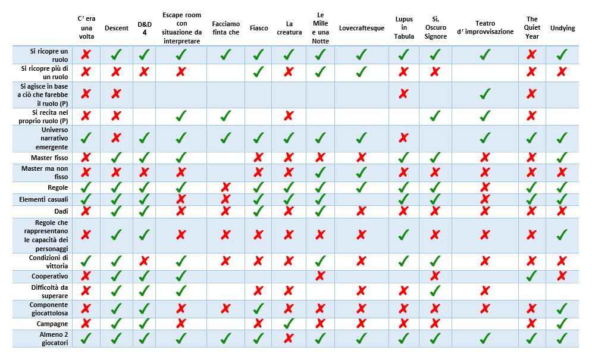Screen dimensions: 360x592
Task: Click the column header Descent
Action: tap(116, 28)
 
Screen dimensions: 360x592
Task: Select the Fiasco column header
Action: tap(258, 28)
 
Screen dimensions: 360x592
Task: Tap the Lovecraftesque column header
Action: tap(361, 28)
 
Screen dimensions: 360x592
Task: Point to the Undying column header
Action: tap(562, 28)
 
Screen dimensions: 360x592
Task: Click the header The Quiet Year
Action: tap(532, 27)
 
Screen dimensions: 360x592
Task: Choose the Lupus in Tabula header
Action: tap(404, 27)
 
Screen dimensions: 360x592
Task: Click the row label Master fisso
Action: tap(49, 158)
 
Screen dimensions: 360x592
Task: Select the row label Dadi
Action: tap(61, 211)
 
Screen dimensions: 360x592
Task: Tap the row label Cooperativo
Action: tap(50, 276)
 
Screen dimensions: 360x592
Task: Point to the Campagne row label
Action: tap(52, 324)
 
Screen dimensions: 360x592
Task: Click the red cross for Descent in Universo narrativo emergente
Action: tap(116, 138)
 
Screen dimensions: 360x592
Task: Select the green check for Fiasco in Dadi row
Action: tap(258, 211)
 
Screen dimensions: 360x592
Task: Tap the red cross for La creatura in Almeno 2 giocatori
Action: tap(289, 339)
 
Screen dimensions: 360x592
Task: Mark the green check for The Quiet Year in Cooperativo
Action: tap(532, 276)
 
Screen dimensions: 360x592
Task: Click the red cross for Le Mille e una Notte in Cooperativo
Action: tap(320, 276)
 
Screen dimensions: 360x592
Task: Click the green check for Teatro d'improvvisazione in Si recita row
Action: tap(485, 116)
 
